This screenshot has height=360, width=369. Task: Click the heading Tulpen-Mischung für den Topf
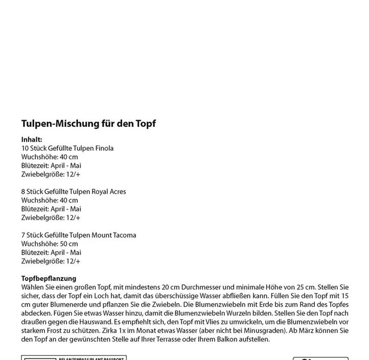tap(88, 124)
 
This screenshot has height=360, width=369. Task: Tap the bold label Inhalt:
tap(32, 140)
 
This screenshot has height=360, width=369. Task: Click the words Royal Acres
tap(108, 192)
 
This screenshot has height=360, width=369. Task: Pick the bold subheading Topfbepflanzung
tap(49, 279)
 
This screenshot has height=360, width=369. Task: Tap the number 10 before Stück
tap(26, 148)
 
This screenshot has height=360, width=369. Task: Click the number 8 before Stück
tap(24, 192)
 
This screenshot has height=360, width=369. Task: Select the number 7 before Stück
tap(24, 235)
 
